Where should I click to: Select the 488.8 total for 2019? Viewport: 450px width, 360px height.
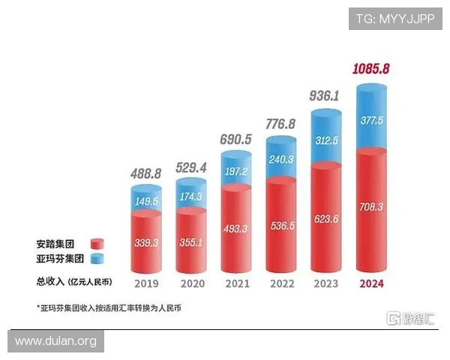(146, 172)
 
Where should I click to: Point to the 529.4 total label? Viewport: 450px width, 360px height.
(191, 167)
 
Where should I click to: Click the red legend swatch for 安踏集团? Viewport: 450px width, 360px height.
(96, 244)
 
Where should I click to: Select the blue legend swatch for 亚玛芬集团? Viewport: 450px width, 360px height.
(96, 259)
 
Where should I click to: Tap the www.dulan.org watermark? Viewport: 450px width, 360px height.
(56, 341)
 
